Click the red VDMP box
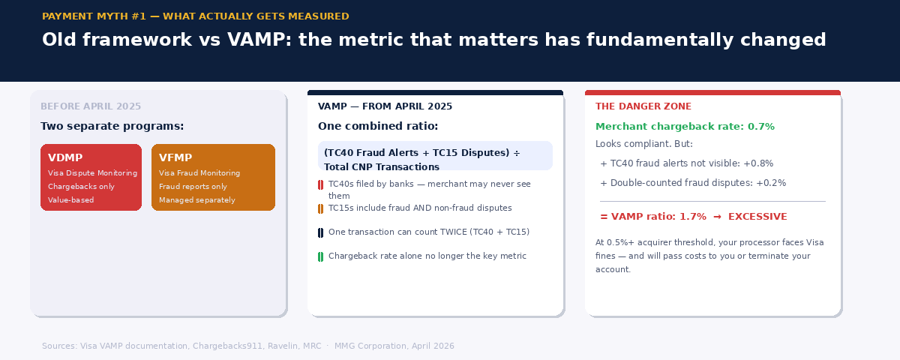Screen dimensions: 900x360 pos(91,177)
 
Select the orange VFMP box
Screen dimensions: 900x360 pos(213,177)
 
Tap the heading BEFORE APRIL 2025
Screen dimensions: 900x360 pos(91,106)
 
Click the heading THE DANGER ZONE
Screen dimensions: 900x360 pos(643,106)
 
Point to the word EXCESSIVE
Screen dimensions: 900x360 pos(757,217)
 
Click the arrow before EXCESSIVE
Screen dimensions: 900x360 pos(717,217)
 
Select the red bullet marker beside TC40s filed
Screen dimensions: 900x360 pos(321,184)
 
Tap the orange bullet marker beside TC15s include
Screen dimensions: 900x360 pos(321,209)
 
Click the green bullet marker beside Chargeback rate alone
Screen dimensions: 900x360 pos(321,256)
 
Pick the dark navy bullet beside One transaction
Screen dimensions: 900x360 pos(321,233)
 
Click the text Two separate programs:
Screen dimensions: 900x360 pos(112,126)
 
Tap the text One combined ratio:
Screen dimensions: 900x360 pos(378,126)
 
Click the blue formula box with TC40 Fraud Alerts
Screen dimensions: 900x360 pos(435,155)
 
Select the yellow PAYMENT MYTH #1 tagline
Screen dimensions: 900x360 pos(196,16)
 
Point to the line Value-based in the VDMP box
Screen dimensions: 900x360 pos(70,200)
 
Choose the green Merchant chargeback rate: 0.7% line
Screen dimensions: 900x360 pos(685,127)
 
